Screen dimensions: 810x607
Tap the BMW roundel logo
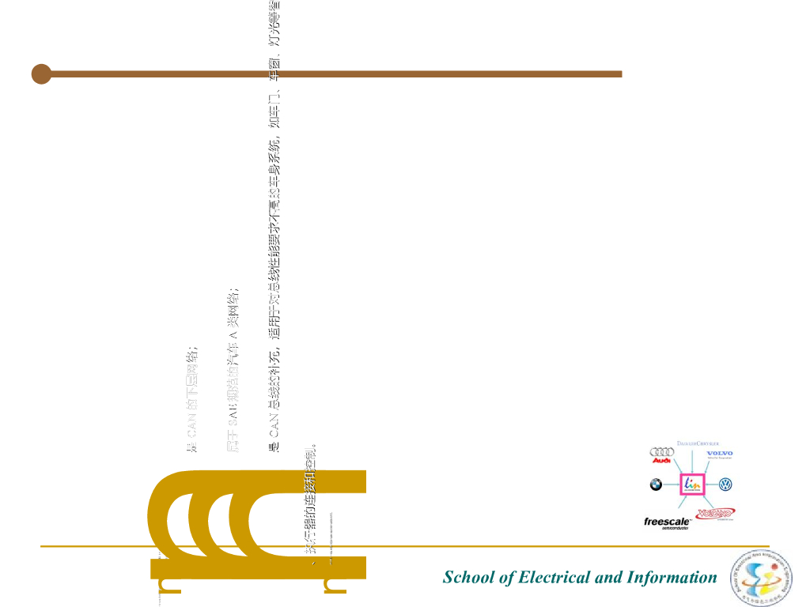(x=656, y=484)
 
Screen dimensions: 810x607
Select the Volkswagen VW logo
(x=725, y=484)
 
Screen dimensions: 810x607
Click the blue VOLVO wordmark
(x=720, y=454)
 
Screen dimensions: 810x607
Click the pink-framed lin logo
(x=691, y=484)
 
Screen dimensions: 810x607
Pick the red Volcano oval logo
(x=716, y=513)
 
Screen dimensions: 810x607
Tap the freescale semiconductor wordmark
(x=667, y=522)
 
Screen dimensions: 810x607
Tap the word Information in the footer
(x=672, y=577)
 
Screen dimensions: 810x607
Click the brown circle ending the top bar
(x=41, y=74)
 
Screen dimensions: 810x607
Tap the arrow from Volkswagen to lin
(x=710, y=484)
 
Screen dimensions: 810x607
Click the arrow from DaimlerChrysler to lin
(x=692, y=460)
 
